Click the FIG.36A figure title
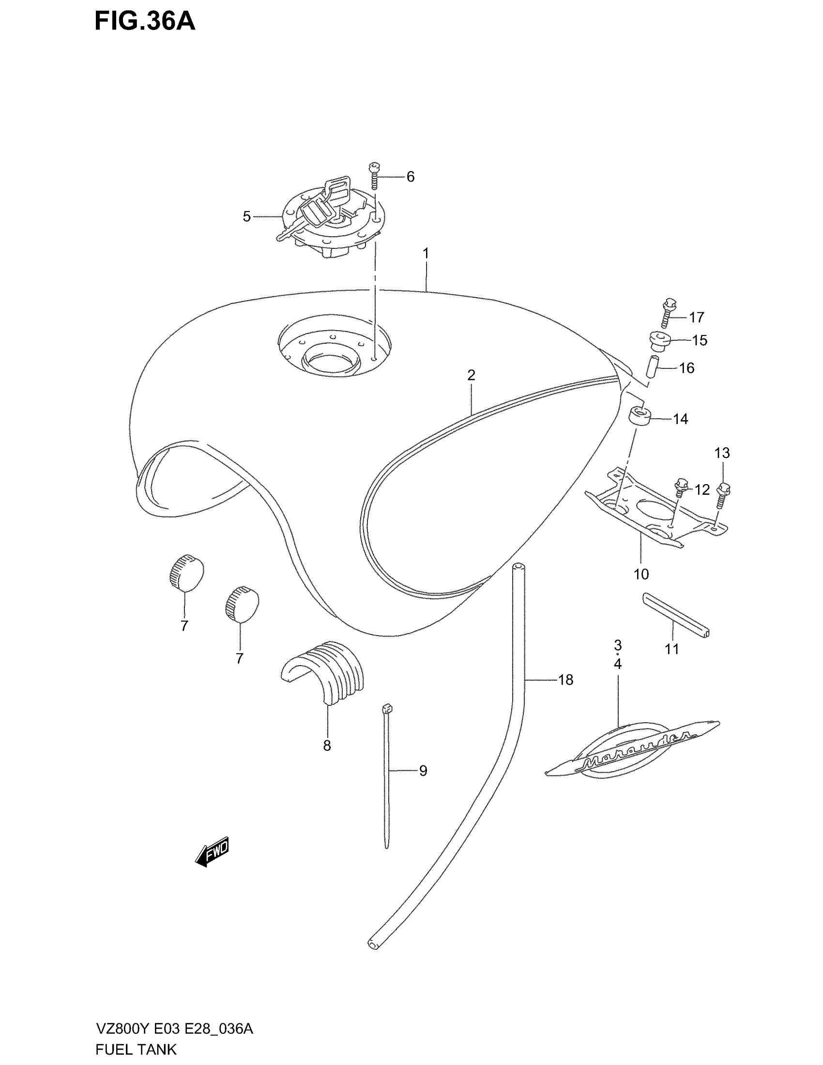[x=145, y=22]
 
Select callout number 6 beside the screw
[x=411, y=177]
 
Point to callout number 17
[x=697, y=318]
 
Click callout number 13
[x=722, y=453]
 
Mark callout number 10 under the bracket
[x=641, y=575]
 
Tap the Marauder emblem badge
[x=632, y=749]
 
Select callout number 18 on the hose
[x=565, y=680]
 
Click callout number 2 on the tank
[x=471, y=375]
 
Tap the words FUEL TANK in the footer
[x=136, y=1050]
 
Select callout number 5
[x=247, y=216]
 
